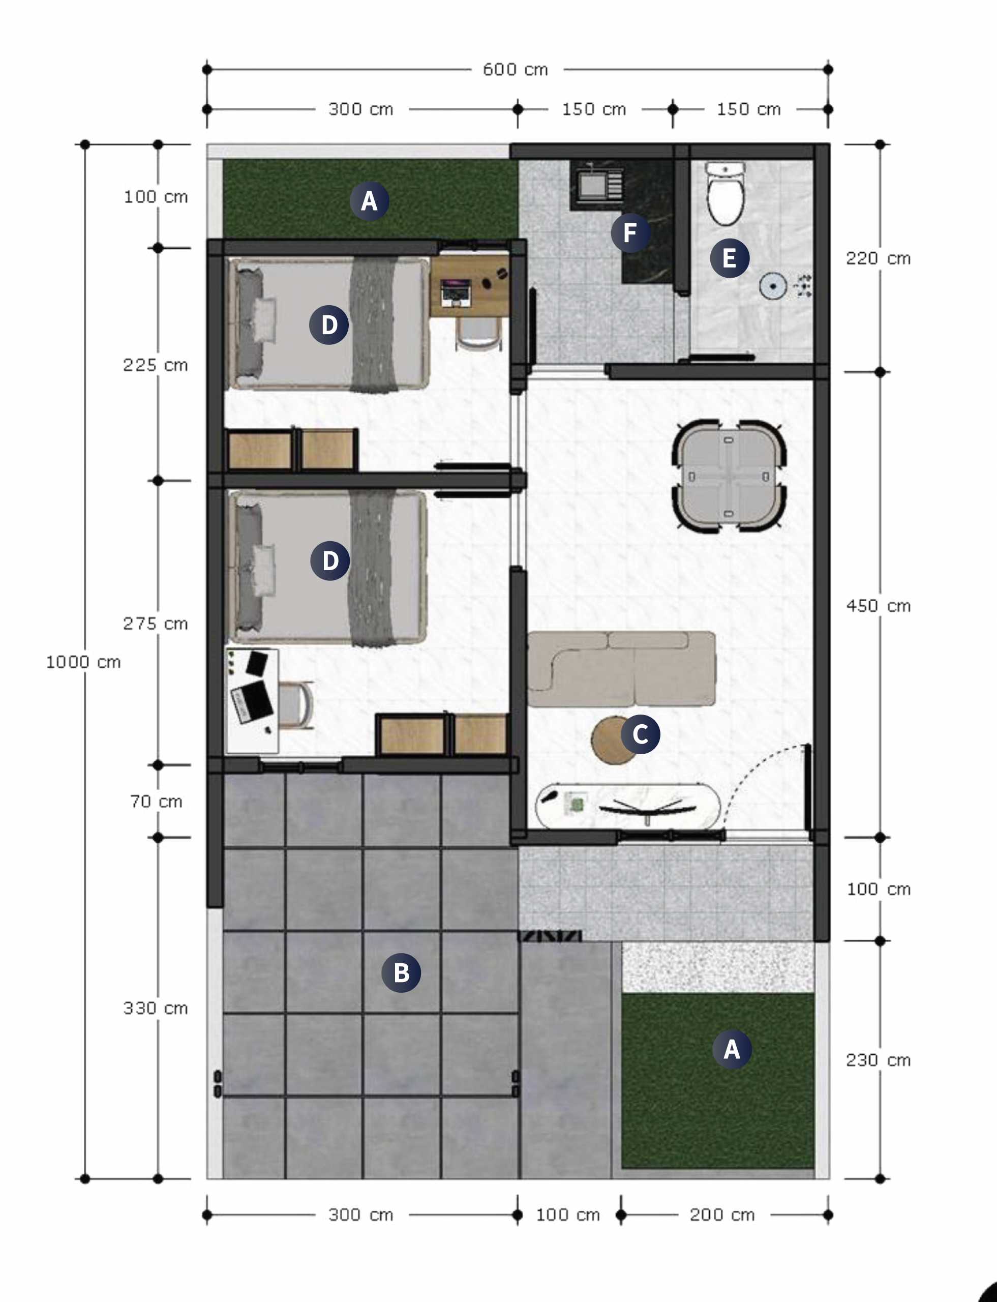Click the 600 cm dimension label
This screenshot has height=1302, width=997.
click(515, 70)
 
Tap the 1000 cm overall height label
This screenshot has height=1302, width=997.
click(84, 662)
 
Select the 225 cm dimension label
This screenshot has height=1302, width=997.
click(156, 365)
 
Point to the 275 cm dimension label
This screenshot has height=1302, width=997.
click(156, 624)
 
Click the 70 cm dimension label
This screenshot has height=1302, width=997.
click(156, 802)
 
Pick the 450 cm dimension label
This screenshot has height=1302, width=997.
click(879, 606)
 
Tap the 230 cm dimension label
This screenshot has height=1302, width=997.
click(879, 1060)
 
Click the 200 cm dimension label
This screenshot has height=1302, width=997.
click(722, 1215)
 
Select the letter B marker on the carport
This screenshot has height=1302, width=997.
click(401, 972)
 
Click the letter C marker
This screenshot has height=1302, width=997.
click(640, 734)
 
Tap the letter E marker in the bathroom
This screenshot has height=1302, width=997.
click(730, 258)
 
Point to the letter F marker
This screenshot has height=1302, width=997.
click(630, 233)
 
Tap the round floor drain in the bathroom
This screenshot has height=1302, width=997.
click(773, 286)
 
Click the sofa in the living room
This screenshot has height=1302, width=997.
click(621, 669)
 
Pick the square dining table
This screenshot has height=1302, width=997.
click(729, 476)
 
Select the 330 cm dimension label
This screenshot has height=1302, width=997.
click(156, 1008)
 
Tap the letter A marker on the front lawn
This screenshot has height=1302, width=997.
click(732, 1049)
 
